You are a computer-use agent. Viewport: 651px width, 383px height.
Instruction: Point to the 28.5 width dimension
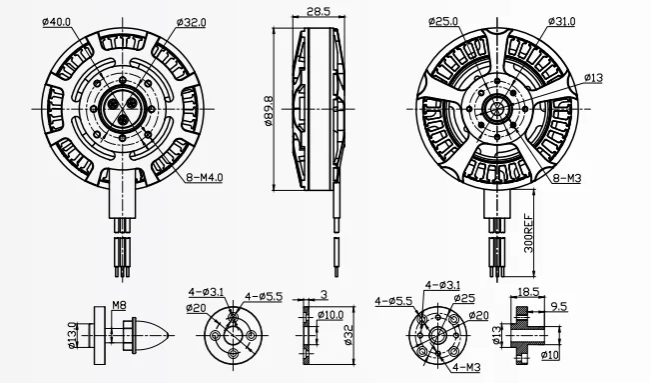click(x=318, y=12)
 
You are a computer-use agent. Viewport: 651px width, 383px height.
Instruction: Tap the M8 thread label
click(x=120, y=306)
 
